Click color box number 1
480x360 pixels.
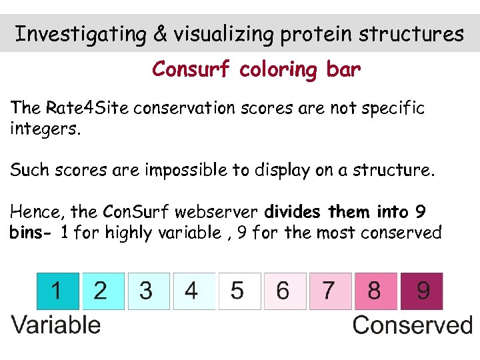click(57, 291)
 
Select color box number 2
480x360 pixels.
click(102, 291)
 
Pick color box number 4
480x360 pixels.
click(193, 291)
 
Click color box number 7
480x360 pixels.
click(330, 291)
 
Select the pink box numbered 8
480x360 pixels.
click(375, 291)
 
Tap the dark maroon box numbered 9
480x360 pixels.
click(421, 291)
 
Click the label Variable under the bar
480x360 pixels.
click(56, 325)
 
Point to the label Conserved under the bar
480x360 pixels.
click(412, 325)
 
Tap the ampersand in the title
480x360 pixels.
click(161, 34)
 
